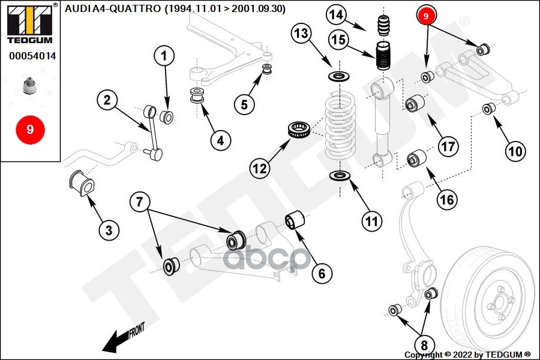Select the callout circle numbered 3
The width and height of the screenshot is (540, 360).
pos(109,230)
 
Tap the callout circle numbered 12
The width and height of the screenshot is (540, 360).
pos(259,169)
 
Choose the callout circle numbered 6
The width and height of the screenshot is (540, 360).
pos(322,274)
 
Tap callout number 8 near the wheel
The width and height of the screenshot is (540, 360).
pos(424,345)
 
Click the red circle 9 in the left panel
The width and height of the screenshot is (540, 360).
pos(30,129)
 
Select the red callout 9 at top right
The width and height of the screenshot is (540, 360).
pos(425,17)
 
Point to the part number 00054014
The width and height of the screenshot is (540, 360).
pos(32,56)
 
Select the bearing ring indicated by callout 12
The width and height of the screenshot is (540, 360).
pos(298,130)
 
